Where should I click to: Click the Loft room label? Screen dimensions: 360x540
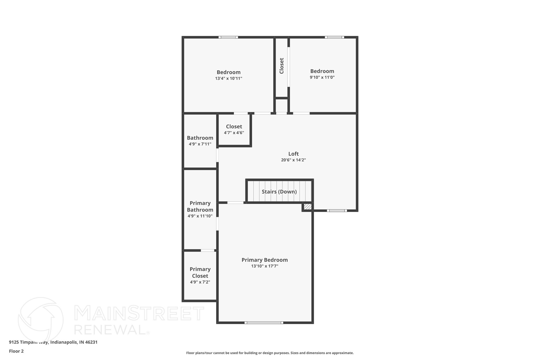click(293, 154)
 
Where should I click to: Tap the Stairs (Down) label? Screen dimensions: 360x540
click(279, 192)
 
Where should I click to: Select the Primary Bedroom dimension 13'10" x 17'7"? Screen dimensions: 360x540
click(264, 266)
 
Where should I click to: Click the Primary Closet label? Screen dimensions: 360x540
click(200, 272)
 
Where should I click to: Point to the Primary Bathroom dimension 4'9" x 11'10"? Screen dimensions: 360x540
click(200, 216)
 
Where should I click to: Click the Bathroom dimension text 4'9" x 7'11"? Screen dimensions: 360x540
click(200, 144)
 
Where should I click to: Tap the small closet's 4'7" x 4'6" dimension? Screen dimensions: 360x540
click(234, 133)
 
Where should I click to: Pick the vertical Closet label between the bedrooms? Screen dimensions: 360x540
click(282, 66)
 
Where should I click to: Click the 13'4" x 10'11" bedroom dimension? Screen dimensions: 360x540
click(228, 78)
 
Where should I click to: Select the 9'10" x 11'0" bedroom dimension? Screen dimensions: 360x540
click(322, 77)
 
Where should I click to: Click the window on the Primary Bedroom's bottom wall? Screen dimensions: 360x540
click(264, 323)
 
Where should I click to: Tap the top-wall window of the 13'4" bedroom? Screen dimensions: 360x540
click(228, 37)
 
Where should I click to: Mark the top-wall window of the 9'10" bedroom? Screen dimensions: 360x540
click(334, 37)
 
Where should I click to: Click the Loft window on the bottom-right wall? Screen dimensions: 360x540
click(337, 210)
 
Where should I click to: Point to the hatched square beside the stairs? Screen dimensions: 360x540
click(307, 207)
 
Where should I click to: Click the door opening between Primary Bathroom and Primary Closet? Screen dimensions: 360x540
click(208, 250)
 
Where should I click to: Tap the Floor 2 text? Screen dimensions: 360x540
click(16, 351)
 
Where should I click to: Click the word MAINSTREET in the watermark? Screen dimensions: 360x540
click(139, 313)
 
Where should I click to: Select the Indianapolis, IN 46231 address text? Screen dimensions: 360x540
click(74, 342)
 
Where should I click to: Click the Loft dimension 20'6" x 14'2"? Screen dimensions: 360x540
click(293, 160)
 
